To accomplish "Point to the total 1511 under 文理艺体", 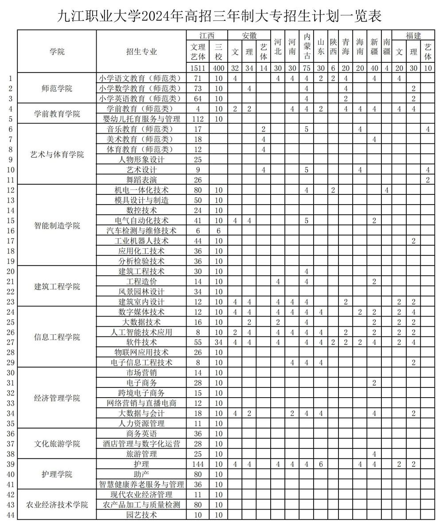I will click(198, 68).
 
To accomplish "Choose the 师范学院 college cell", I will click(57, 89).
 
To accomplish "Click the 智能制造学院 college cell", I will click(57, 225).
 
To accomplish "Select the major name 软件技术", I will click(141, 342).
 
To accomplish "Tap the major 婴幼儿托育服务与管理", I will click(141, 119).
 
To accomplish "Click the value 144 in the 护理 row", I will click(198, 464).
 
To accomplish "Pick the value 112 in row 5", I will click(198, 119).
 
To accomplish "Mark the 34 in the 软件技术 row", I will click(218, 342).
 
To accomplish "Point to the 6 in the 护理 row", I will click(321, 464).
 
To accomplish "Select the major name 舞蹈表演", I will click(141, 180).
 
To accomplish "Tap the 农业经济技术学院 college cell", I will click(57, 505).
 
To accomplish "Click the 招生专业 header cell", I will click(141, 51).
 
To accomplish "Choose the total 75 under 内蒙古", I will click(306, 68).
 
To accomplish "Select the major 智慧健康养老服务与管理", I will click(141, 484).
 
